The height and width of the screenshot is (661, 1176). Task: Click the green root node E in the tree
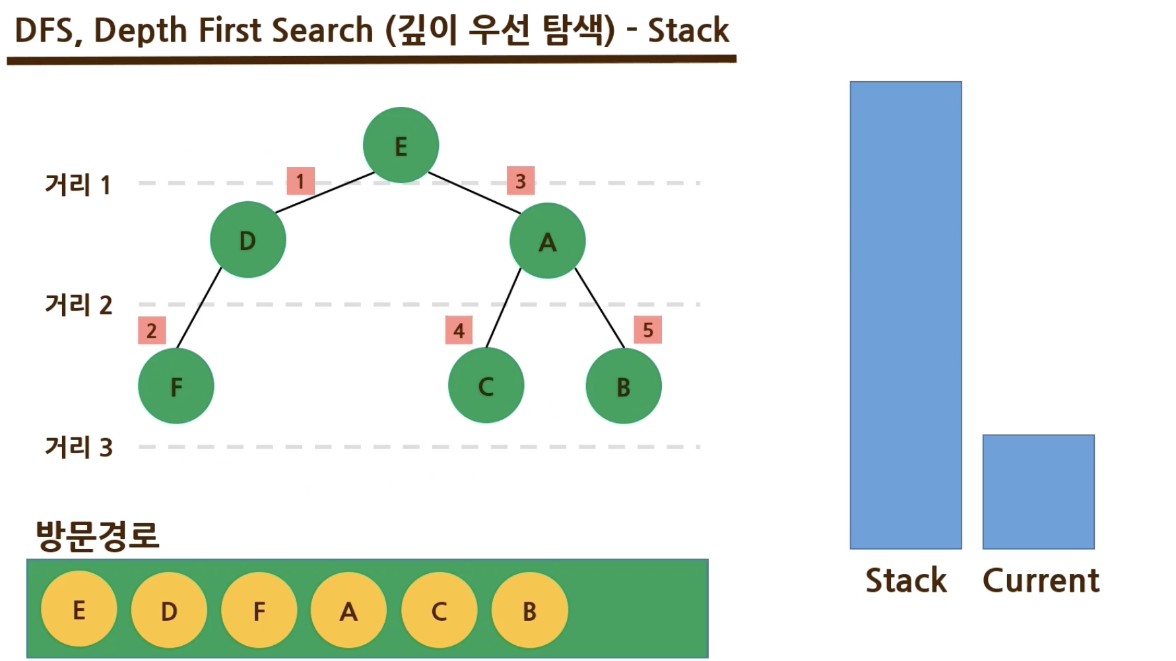(x=401, y=145)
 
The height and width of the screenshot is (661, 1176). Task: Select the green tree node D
(x=247, y=240)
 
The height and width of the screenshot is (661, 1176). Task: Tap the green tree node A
(x=547, y=241)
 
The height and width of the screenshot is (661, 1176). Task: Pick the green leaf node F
(x=176, y=386)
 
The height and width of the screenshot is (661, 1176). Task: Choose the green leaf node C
(x=486, y=385)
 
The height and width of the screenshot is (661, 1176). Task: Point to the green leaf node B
(x=624, y=386)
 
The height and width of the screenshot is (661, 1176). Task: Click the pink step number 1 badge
(x=300, y=181)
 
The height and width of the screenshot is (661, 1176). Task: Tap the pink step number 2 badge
(x=152, y=330)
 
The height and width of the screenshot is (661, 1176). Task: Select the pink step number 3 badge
(x=521, y=181)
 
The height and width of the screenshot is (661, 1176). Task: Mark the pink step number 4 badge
(x=459, y=330)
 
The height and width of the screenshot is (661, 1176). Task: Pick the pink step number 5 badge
(x=648, y=330)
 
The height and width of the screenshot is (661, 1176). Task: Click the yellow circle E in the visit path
(x=79, y=610)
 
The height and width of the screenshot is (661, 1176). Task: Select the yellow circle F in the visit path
(x=259, y=610)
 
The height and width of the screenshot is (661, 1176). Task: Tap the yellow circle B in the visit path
(x=529, y=610)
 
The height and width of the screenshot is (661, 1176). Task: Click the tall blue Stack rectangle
(x=905, y=315)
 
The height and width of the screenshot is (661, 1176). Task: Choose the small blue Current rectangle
(x=1038, y=491)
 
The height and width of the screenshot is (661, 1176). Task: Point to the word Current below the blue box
(x=1041, y=581)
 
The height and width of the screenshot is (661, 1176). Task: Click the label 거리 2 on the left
(x=79, y=305)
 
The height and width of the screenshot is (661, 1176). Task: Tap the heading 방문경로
(x=98, y=535)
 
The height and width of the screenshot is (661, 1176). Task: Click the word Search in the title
(x=322, y=30)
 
